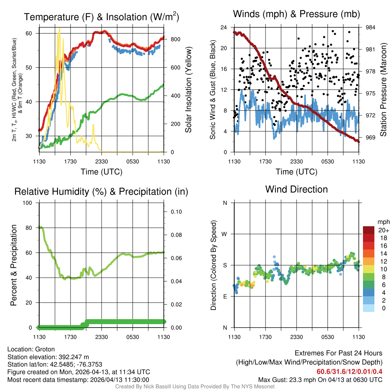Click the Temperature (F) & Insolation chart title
101,17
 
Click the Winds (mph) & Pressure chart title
297,14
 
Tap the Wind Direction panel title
296,189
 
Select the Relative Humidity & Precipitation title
101,192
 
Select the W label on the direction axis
225,234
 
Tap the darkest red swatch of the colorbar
369,230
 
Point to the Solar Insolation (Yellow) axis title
189,90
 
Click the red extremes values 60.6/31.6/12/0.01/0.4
349,371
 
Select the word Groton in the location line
45,349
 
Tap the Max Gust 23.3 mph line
320,379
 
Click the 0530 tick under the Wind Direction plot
328,337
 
